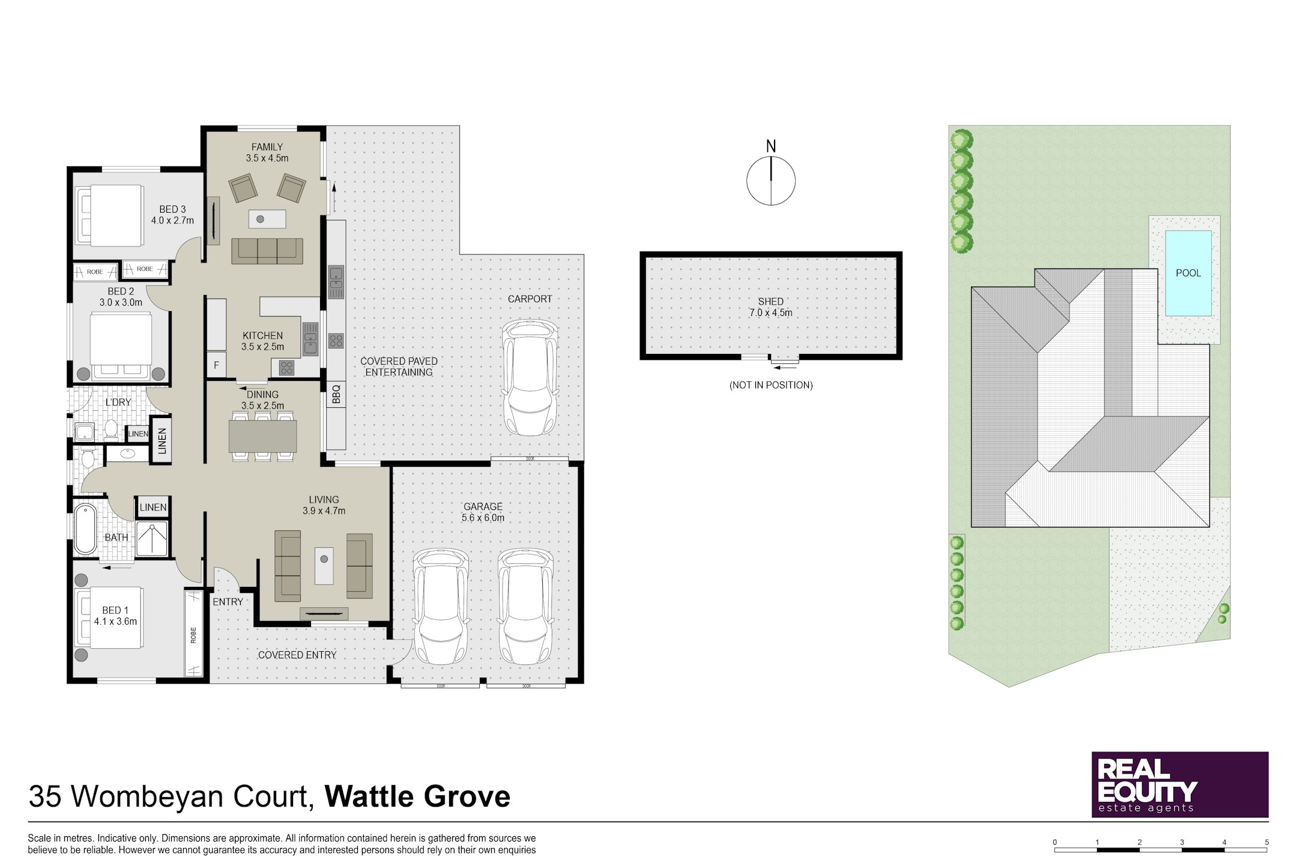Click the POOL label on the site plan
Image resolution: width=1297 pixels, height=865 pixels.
(1188, 273)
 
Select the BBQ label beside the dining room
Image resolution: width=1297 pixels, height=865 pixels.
(336, 394)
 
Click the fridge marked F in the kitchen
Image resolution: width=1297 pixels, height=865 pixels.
(216, 365)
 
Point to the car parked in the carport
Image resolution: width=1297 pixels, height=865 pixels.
(530, 377)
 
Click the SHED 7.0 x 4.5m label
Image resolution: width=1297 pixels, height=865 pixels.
(770, 307)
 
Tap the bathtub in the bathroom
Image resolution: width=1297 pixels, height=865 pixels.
(85, 529)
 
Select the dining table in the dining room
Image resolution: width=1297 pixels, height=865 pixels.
(262, 436)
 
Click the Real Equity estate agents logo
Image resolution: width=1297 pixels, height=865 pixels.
(1180, 784)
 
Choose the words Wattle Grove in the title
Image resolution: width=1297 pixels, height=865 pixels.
(417, 797)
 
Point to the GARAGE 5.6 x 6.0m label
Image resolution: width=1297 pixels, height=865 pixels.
(483, 512)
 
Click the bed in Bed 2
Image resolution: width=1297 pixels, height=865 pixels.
(121, 345)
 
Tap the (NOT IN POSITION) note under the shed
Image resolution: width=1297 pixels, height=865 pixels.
(771, 385)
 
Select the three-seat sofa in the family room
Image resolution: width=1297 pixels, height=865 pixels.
(267, 250)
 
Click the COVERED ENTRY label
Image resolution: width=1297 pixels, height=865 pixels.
(297, 655)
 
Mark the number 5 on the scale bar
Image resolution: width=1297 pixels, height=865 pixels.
(1267, 842)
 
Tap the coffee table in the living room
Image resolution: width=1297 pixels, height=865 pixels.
(324, 565)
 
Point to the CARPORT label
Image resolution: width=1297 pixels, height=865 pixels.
(530, 299)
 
